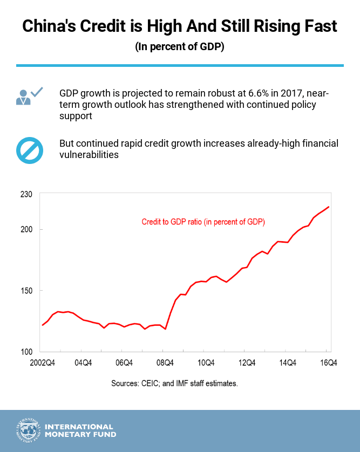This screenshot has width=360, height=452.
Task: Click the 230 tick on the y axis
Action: [26, 194]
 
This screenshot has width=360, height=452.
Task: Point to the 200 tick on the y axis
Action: [26, 230]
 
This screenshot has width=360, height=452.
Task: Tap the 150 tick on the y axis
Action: [26, 291]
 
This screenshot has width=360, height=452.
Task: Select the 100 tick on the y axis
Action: [26, 352]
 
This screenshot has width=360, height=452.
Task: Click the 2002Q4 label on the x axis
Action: [42, 362]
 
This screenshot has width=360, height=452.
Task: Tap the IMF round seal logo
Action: [28, 430]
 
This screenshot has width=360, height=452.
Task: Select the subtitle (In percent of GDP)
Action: [180, 47]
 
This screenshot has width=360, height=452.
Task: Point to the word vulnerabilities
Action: [89, 155]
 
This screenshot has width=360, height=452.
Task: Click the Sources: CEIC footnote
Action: [174, 384]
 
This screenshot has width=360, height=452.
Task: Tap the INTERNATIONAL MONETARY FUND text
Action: [80, 430]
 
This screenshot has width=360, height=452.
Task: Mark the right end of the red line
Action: [329, 207]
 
